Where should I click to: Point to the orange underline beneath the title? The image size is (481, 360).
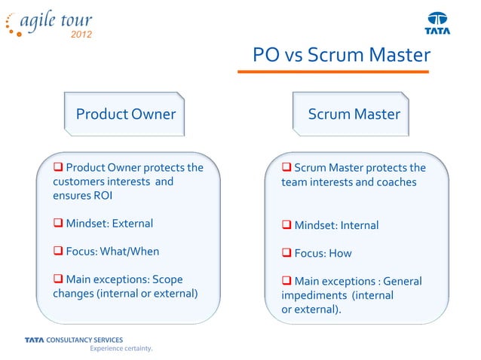tap(333, 72)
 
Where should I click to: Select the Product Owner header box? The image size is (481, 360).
tap(125, 114)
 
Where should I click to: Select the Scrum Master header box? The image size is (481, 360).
tap(354, 114)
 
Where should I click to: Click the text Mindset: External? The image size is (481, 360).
tap(109, 223)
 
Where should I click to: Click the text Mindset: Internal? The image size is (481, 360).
tap(336, 225)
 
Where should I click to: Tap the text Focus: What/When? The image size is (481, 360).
tap(112, 251)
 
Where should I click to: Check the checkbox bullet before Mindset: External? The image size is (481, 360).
tap(57, 223)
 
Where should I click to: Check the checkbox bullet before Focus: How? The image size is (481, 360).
tap(286, 253)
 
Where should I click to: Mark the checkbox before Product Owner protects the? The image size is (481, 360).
tap(57, 167)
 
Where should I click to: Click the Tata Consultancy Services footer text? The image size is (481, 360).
tap(73, 340)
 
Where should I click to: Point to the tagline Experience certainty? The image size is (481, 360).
tap(121, 349)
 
